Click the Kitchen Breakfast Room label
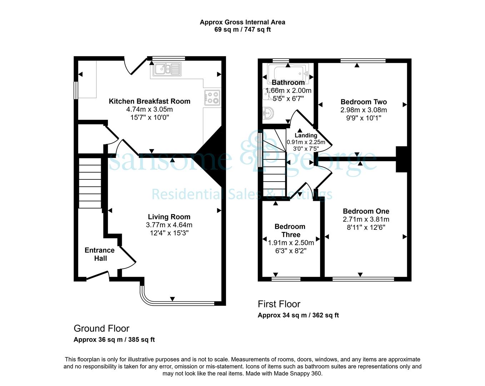149,101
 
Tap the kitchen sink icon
167,69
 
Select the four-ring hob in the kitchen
212,98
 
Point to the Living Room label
169,217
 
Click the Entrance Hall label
100,254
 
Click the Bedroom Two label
364,102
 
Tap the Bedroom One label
366,211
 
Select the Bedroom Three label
290,230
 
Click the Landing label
306,135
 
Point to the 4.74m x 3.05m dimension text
149,109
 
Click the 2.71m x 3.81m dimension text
366,219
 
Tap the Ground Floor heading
101,328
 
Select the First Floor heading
279,304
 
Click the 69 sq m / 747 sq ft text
242,30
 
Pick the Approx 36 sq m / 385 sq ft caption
114,340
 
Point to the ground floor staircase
90,183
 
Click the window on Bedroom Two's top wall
363,60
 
